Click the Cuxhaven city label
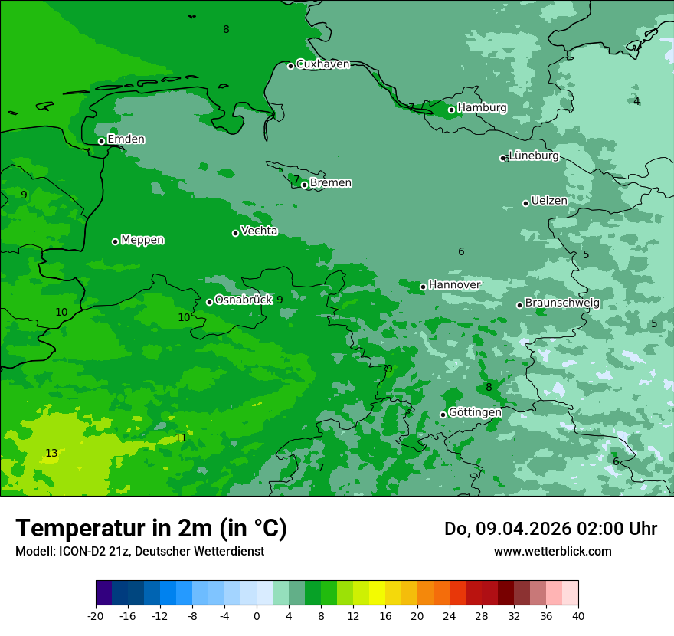pyautogui.click(x=322, y=64)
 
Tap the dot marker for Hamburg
pyautogui.click(x=452, y=110)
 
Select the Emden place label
pyautogui.click(x=126, y=139)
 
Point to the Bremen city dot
pyautogui.click(x=304, y=185)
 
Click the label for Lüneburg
pyautogui.click(x=534, y=156)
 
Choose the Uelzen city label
pyautogui.click(x=549, y=201)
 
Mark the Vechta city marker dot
pyautogui.click(x=235, y=233)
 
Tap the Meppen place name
pyautogui.click(x=142, y=240)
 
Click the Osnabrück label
pyautogui.click(x=244, y=300)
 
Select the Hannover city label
pyautogui.click(x=454, y=284)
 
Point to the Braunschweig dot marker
pyautogui.click(x=519, y=305)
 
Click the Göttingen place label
pyautogui.click(x=475, y=412)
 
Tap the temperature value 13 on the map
pyautogui.click(x=51, y=454)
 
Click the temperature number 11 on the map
pyautogui.click(x=180, y=438)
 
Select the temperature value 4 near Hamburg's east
pyautogui.click(x=636, y=101)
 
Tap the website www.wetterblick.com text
pyautogui.click(x=552, y=551)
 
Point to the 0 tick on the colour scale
pyautogui.click(x=257, y=615)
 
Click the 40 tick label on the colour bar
pyautogui.click(x=577, y=615)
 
